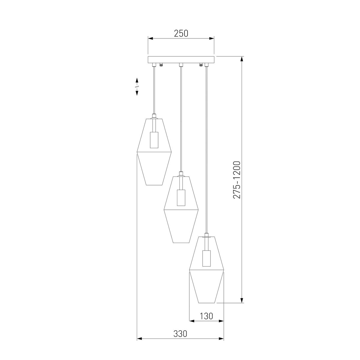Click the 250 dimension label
(x=181, y=33)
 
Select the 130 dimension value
(x=206, y=316)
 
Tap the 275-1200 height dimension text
(x=237, y=180)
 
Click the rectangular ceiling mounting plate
(x=181, y=59)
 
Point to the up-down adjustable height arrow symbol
(x=137, y=87)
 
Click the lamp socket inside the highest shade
(x=154, y=140)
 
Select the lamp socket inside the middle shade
(x=181, y=197)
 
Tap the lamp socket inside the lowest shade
(x=206, y=258)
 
